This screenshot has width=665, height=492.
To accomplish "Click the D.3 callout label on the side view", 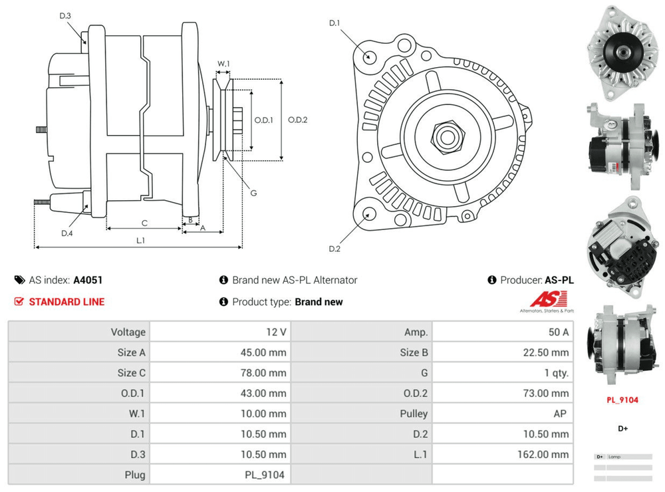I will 65,16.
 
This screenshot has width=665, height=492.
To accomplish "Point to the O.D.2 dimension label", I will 297,120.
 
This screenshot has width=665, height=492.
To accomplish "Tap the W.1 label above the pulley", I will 223,64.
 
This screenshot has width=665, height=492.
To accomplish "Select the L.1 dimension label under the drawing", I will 140,240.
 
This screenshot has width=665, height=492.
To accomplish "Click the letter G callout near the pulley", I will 253,193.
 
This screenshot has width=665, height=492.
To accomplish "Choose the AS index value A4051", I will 88,280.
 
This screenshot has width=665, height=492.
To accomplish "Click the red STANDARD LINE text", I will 66,302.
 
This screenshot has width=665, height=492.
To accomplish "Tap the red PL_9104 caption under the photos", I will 622,400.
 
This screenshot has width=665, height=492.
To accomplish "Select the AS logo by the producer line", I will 547,301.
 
